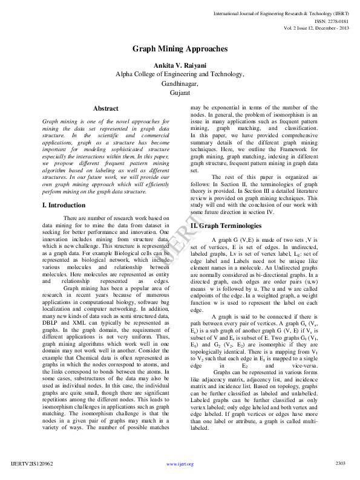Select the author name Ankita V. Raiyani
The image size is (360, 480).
180,65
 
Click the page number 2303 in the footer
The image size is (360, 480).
340,463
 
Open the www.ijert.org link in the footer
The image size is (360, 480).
180,464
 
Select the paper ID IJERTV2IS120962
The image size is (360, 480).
32,463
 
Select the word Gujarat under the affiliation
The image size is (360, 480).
180,94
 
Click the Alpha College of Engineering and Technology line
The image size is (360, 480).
180,74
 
